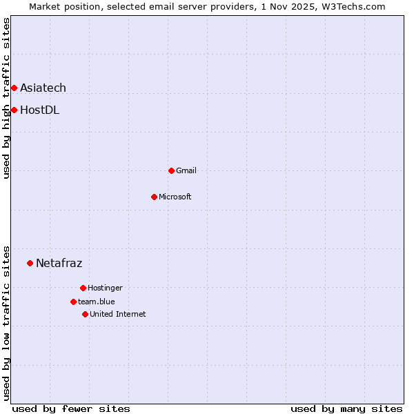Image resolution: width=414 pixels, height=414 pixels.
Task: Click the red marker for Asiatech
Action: [x=14, y=88]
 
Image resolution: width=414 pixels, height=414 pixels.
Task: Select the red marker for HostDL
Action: [x=14, y=110]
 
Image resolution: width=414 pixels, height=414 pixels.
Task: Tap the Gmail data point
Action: [x=171, y=170]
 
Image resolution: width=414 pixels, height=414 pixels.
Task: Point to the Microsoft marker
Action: [x=155, y=197]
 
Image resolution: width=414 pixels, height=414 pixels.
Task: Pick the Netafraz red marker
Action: [x=30, y=263]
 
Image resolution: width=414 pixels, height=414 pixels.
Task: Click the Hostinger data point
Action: [x=83, y=288]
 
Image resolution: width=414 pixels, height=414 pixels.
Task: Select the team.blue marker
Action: [x=73, y=302]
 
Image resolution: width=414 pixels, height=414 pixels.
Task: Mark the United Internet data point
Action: [x=85, y=314]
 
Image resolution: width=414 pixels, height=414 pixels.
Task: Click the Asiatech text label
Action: [x=43, y=88]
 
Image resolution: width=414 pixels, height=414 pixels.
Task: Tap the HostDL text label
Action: [x=39, y=110]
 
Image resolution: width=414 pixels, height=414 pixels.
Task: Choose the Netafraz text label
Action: [x=59, y=263]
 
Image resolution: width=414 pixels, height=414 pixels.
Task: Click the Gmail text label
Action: [x=186, y=170]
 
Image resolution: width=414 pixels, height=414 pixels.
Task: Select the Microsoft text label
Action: [x=175, y=197]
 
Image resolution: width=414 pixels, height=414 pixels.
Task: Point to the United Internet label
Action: [x=118, y=314]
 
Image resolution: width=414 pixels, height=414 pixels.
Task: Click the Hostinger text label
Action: [x=105, y=288]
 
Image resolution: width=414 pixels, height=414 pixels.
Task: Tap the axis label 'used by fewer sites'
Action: [x=71, y=408]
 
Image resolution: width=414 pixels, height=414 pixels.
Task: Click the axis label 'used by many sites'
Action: [x=346, y=408]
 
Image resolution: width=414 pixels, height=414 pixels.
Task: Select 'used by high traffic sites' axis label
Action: [x=6, y=98]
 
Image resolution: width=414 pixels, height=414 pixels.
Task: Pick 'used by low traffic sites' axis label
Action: [x=6, y=323]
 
